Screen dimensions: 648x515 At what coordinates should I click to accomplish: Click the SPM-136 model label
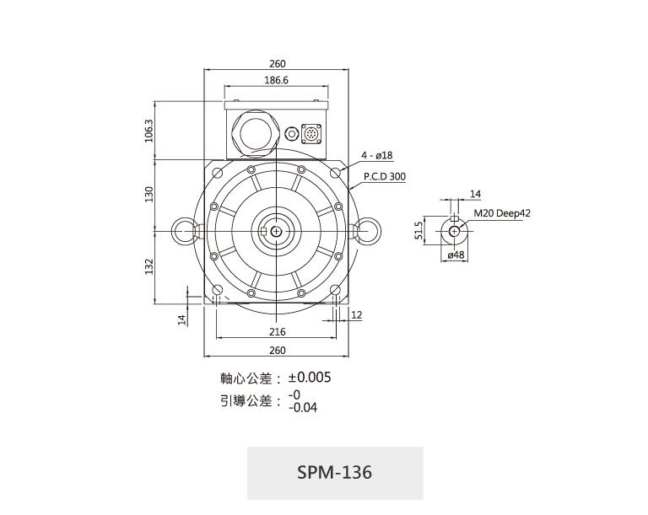pos(334,472)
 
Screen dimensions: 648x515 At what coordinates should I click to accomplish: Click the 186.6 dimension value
pos(277,80)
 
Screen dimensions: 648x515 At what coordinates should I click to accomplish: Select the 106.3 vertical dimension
pos(148,131)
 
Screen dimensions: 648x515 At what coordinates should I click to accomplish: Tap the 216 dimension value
pos(278,331)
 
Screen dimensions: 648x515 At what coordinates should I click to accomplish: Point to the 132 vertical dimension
pos(148,266)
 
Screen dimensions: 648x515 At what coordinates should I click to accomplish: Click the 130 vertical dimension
pos(148,194)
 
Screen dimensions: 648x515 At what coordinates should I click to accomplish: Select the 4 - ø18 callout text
pos(377,155)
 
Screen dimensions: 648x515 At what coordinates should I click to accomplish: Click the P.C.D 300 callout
pos(385,176)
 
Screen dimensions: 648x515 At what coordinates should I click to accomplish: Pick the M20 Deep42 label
pos(502,213)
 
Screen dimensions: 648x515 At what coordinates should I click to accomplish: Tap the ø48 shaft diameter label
pos(456,255)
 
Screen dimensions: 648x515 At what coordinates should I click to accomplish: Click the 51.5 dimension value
pos(418,230)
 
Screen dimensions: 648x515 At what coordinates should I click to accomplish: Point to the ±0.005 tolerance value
pos(310,377)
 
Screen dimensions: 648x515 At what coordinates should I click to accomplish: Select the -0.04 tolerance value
pos(303,408)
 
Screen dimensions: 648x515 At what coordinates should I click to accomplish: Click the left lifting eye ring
pos(182,231)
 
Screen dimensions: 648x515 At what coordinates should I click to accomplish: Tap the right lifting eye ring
pos(369,231)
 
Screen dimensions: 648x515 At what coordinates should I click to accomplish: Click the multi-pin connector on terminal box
pos(311,134)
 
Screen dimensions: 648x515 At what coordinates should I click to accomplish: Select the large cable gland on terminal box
pos(254,133)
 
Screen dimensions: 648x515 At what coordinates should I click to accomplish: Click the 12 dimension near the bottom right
pos(356,315)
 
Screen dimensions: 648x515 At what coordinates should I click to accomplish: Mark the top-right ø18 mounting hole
pos(336,172)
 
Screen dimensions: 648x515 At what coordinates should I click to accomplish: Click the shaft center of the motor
pos(276,232)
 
